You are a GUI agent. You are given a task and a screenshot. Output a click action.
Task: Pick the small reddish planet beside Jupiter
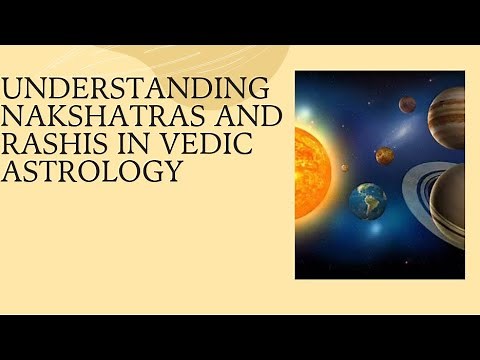(407, 103)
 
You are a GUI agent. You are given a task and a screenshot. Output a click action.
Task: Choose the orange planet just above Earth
(384, 155)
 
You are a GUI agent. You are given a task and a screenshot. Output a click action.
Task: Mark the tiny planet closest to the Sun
(345, 167)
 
